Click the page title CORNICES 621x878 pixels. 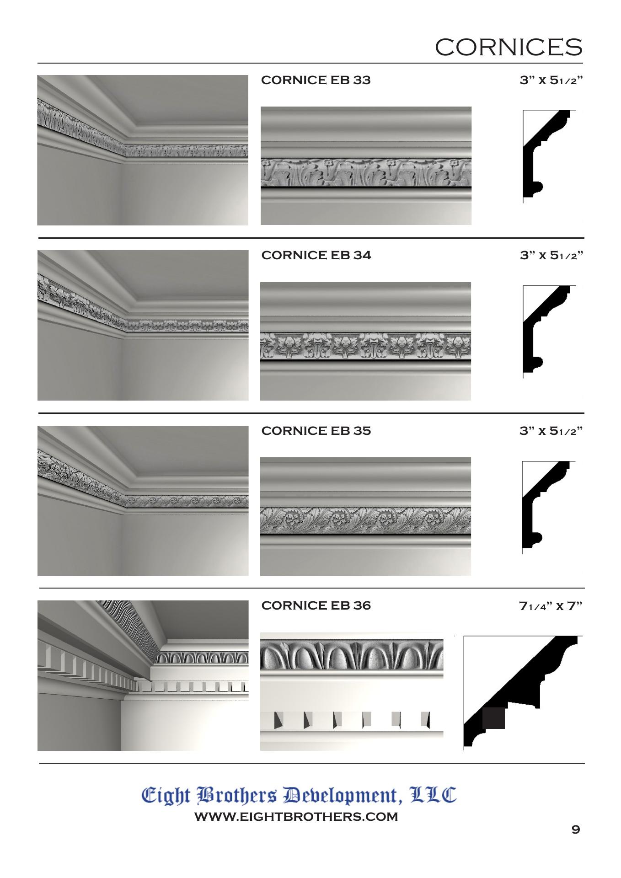click(x=509, y=47)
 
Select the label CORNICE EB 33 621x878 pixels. click(x=316, y=80)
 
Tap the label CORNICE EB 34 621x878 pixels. click(x=316, y=255)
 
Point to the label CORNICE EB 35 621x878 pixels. click(x=316, y=431)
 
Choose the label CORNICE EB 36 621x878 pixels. click(x=316, y=605)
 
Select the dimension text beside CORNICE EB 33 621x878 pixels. click(x=551, y=80)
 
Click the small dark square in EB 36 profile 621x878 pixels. click(x=494, y=718)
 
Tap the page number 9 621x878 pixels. click(x=576, y=829)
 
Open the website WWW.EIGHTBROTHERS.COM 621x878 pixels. click(x=296, y=817)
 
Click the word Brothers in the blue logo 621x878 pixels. click(x=236, y=796)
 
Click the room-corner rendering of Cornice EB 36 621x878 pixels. click(x=143, y=676)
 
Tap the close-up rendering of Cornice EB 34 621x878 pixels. click(x=365, y=341)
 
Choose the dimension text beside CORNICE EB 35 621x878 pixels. click(x=551, y=431)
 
